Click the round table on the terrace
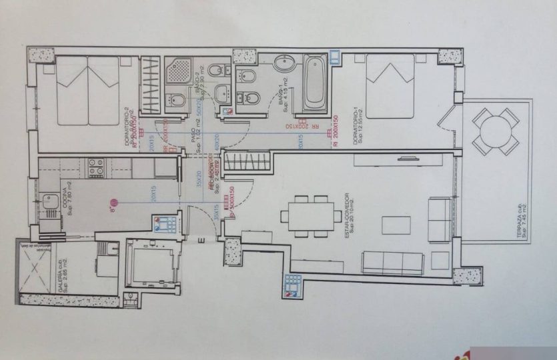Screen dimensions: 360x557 (x=496, y=131)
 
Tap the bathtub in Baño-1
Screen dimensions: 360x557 (x=315, y=83)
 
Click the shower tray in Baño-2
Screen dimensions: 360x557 (x=178, y=70)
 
